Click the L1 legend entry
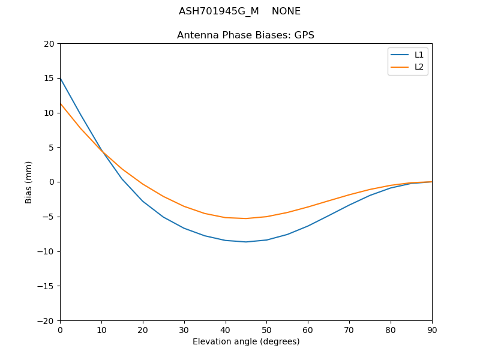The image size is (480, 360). (x=419, y=55)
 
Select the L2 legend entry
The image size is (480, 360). (x=419, y=67)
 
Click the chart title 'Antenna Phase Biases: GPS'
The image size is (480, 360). (x=245, y=35)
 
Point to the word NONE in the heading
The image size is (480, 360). (x=286, y=11)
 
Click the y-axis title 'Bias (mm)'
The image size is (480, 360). (x=29, y=182)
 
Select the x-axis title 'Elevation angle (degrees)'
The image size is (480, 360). (x=246, y=341)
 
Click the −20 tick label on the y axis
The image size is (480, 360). (x=47, y=320)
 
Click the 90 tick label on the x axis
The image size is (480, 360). (x=432, y=329)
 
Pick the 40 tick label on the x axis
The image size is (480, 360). (x=226, y=329)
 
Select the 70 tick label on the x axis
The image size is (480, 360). (x=349, y=329)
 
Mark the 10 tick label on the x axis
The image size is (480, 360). (x=101, y=329)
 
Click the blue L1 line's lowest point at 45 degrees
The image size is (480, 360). (x=246, y=242)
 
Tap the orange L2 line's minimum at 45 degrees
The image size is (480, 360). (x=246, y=218)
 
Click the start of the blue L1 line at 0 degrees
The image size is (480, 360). (x=61, y=78)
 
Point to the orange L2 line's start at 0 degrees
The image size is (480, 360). (x=61, y=103)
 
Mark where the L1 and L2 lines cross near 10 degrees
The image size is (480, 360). (x=102, y=152)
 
